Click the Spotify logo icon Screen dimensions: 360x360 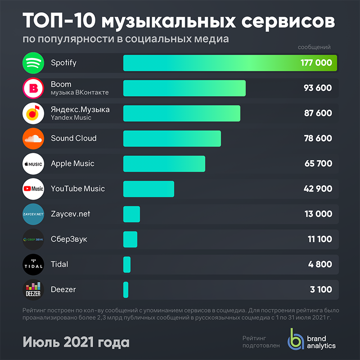pyautogui.click(x=33, y=63)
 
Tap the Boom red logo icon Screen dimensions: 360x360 pyautogui.click(x=33, y=88)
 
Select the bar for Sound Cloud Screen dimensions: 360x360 pyautogui.click(x=172, y=139)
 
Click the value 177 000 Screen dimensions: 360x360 pyautogui.click(x=316, y=63)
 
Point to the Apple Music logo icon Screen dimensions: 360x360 pyautogui.click(x=33, y=164)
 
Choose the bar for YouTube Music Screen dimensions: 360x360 pyautogui.click(x=148, y=189)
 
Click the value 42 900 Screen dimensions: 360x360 pyautogui.click(x=318, y=189)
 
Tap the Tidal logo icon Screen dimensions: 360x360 pyautogui.click(x=33, y=265)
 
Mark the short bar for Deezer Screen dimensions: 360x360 pyautogui.click(x=126, y=290)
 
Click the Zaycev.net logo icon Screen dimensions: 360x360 pyautogui.click(x=33, y=214)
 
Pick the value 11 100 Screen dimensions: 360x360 pyautogui.click(x=319, y=239)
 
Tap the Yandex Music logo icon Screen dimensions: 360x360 pyautogui.click(x=33, y=113)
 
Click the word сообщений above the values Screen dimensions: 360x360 pyautogui.click(x=314, y=47)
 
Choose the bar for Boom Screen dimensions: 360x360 pyautogui.click(x=184, y=88)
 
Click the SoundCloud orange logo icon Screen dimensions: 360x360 pyautogui.click(x=33, y=139)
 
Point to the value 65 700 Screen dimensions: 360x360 pyautogui.click(x=318, y=164)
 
